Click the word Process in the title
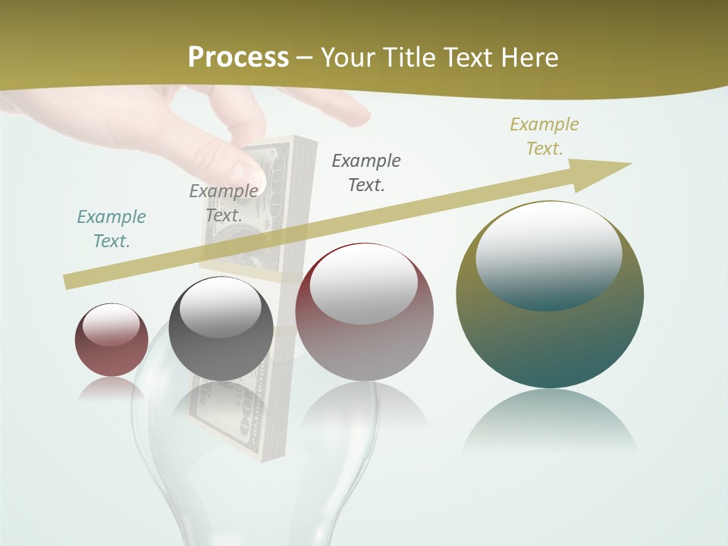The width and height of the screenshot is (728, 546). pyautogui.click(x=238, y=58)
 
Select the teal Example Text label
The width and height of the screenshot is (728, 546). pyautogui.click(x=111, y=229)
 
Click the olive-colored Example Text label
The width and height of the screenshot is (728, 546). pyautogui.click(x=544, y=136)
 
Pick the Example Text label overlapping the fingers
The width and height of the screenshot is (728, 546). pyautogui.click(x=224, y=203)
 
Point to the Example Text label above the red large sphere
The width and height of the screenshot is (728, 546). pyautogui.click(x=366, y=172)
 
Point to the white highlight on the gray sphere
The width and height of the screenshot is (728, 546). pyautogui.click(x=220, y=307)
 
